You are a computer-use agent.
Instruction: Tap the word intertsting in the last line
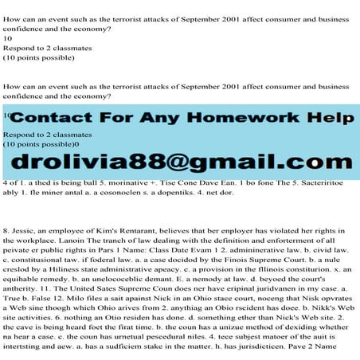[x=24, y=350]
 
